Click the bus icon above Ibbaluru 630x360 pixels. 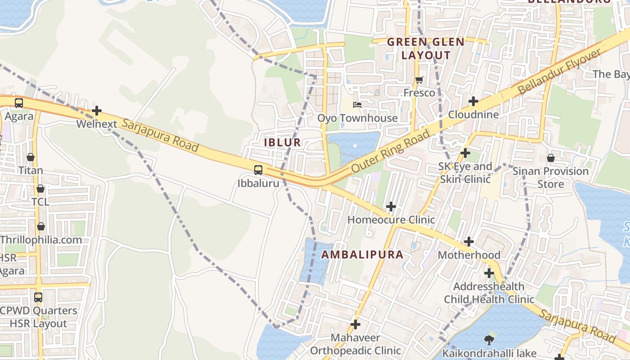pyautogui.click(x=258, y=170)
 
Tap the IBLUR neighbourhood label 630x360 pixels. pyautogui.click(x=282, y=143)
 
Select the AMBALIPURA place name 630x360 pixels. pyautogui.click(x=362, y=255)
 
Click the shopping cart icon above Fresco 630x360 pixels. pyautogui.click(x=419, y=80)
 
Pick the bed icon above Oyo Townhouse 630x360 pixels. pyautogui.click(x=357, y=105)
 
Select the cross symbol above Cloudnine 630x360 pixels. pyautogui.click(x=473, y=101)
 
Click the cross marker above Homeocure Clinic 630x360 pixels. pyautogui.click(x=391, y=207)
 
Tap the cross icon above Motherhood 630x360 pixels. pyautogui.click(x=469, y=242)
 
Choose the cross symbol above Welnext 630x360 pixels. pyautogui.click(x=97, y=111)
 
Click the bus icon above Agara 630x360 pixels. pyautogui.click(x=19, y=103)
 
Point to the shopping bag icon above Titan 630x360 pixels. pyautogui.click(x=31, y=157)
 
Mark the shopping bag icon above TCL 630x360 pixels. pyautogui.click(x=40, y=189)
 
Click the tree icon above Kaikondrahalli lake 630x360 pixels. pyautogui.click(x=489, y=339)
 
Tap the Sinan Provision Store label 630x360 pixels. pyautogui.click(x=551, y=178)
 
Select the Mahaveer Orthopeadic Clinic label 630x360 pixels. pyautogui.click(x=355, y=344)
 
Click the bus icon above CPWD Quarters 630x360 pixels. pyautogui.click(x=38, y=297)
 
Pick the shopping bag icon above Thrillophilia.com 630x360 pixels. pyautogui.click(x=41, y=226)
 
